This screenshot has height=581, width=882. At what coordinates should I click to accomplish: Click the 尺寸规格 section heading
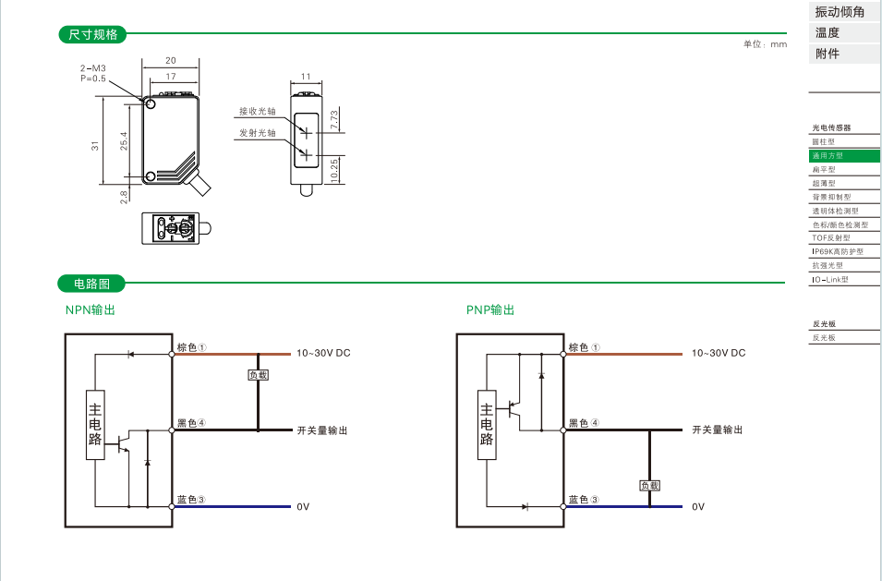(93, 35)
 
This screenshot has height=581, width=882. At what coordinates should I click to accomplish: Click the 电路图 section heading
(91, 284)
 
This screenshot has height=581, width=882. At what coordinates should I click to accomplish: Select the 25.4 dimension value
(124, 140)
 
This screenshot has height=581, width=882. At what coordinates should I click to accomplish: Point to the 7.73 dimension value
(334, 119)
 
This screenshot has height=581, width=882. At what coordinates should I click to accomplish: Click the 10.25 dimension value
(334, 169)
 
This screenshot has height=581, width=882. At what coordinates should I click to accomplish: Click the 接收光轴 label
(258, 111)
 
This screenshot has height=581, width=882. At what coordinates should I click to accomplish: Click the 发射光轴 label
(258, 133)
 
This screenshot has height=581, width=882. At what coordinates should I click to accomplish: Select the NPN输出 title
(90, 310)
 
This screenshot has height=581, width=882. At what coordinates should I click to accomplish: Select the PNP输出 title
(490, 310)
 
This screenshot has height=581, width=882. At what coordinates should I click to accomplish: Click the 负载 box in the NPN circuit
(258, 375)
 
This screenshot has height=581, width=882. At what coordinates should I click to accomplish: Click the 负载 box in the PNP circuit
(649, 485)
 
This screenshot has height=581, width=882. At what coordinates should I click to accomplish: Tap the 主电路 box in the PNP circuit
(487, 424)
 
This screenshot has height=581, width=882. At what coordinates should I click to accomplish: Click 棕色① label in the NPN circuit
(191, 348)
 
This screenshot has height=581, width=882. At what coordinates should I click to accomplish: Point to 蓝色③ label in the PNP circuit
(584, 500)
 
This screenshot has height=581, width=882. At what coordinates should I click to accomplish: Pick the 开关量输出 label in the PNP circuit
(718, 430)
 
